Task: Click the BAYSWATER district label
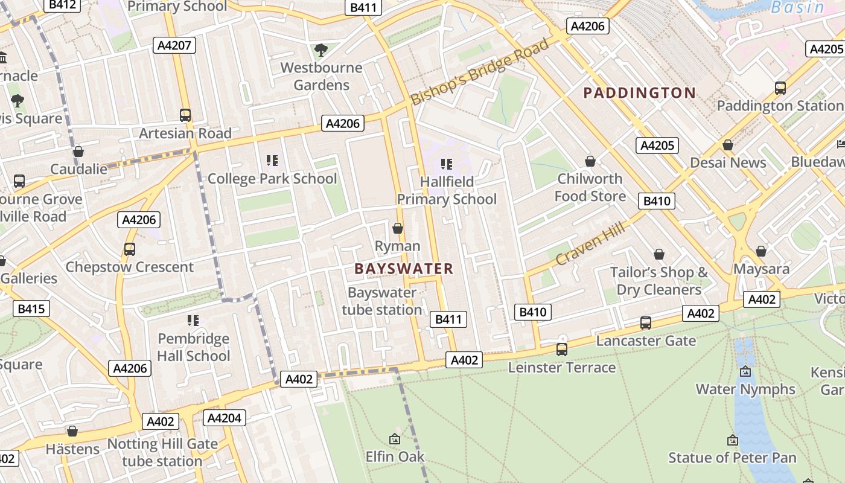[403, 269]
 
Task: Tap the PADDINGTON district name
[639, 93]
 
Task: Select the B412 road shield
[62, 5]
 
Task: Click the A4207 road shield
[174, 45]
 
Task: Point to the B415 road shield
[31, 309]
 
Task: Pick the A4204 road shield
[225, 418]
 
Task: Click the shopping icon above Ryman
[398, 228]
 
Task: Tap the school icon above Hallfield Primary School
[447, 164]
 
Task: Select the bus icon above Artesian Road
[185, 115]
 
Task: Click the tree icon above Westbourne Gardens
[321, 50]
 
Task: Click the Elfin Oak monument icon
[395, 439]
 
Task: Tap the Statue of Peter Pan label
[732, 458]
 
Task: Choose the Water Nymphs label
[745, 389]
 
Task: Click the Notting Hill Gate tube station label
[162, 452]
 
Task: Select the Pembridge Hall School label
[193, 347]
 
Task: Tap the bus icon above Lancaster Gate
[646, 323]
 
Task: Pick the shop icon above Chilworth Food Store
[590, 161]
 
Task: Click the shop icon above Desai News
[728, 145]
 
